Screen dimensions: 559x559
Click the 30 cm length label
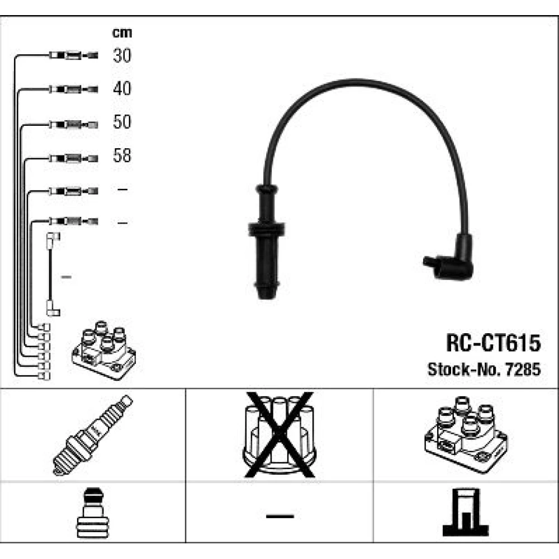click(x=122, y=55)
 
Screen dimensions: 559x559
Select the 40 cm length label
click(x=122, y=88)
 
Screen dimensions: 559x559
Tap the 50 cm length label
click(x=122, y=122)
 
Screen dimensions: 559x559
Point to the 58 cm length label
click(x=122, y=156)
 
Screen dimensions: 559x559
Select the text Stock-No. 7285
click(x=484, y=369)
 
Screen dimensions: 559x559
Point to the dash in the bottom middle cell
click(x=279, y=515)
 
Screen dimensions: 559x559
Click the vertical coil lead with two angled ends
click(x=53, y=274)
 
